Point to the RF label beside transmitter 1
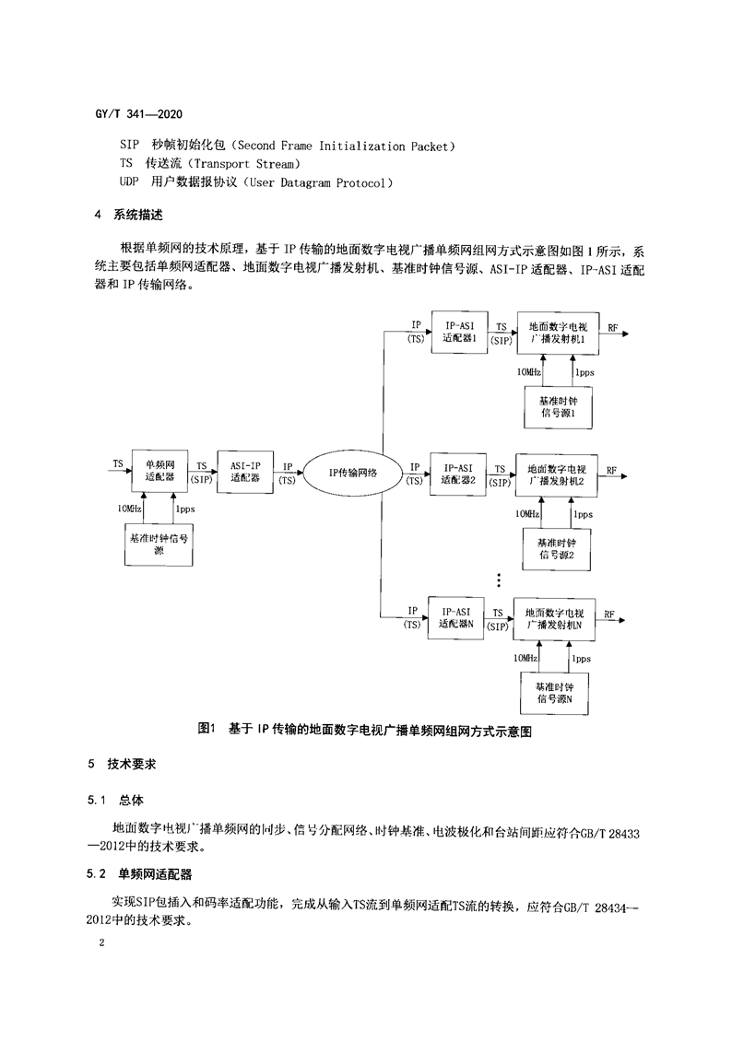coord(612,328)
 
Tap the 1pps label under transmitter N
coord(581,659)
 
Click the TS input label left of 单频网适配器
coord(118,463)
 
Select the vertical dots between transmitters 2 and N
coord(499,580)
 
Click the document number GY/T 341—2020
coord(139,114)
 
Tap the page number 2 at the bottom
coord(101,942)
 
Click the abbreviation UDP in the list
coord(129,182)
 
